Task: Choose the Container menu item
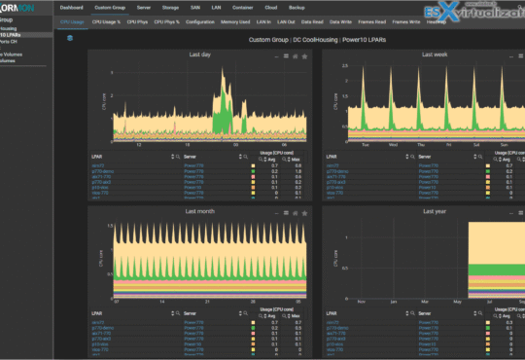click(x=244, y=8)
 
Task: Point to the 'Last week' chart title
click(x=434, y=55)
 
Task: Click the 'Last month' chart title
click(x=200, y=210)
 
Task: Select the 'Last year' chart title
click(x=434, y=210)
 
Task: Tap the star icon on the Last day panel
click(x=305, y=56)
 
